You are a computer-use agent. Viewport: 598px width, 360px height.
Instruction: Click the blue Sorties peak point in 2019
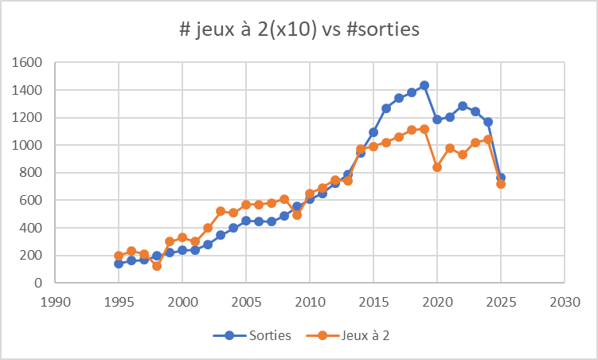(424, 85)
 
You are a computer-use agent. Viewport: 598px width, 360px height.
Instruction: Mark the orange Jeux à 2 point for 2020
(437, 167)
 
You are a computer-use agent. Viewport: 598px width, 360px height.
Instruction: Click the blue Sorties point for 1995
(119, 263)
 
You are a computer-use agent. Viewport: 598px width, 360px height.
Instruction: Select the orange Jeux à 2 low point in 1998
(157, 266)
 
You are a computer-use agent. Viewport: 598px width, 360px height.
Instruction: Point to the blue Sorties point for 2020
(437, 119)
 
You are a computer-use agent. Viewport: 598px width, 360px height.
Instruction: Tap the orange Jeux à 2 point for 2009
(297, 215)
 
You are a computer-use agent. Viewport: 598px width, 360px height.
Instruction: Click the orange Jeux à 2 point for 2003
(221, 211)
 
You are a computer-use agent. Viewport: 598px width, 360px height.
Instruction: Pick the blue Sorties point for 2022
(463, 106)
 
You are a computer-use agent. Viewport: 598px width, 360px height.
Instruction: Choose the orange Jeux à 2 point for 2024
(488, 139)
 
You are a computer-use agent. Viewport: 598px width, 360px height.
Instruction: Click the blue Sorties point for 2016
(386, 108)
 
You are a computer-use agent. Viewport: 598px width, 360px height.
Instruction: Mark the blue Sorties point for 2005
(246, 221)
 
